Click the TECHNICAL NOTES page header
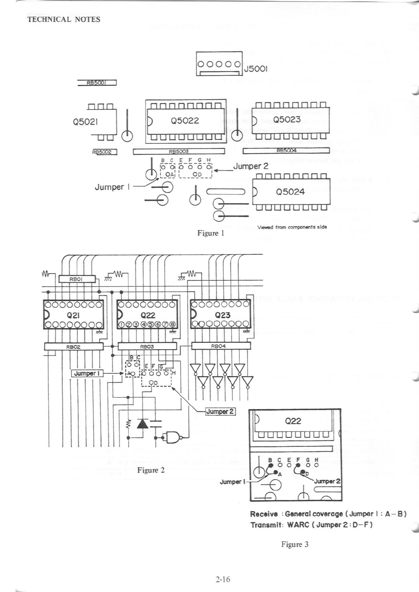[x=64, y=20]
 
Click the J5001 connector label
[x=256, y=69]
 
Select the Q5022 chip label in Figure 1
[x=185, y=121]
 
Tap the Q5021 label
[x=85, y=122]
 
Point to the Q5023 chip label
[x=287, y=119]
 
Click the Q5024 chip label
[x=290, y=192]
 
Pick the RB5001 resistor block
[x=97, y=83]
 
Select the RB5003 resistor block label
[x=179, y=152]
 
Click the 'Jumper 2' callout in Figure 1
[x=251, y=166]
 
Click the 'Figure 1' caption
[x=211, y=233]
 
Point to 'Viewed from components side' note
[x=292, y=227]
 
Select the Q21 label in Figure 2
[x=73, y=315]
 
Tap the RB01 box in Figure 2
[x=76, y=279]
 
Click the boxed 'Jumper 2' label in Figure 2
[x=220, y=411]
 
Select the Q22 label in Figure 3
[x=293, y=421]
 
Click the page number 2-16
[x=223, y=579]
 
